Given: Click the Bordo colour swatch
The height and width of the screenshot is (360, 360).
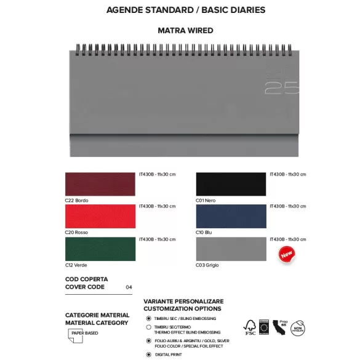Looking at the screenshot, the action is pyautogui.click(x=100, y=184).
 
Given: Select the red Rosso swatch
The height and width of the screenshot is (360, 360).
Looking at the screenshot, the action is pyautogui.click(x=100, y=216).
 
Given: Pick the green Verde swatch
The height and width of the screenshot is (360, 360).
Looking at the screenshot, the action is pyautogui.click(x=100, y=249).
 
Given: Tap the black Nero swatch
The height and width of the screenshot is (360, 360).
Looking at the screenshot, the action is pyautogui.click(x=231, y=184).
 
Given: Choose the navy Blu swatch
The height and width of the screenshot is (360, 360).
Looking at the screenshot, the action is pyautogui.click(x=231, y=216).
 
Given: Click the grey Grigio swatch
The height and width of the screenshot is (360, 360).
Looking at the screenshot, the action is pyautogui.click(x=231, y=249).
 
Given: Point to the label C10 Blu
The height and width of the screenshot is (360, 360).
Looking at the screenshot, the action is pyautogui.click(x=204, y=233).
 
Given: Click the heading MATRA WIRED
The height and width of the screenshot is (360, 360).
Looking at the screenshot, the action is pyautogui.click(x=185, y=30).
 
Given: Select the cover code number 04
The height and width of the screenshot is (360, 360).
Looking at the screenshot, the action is pyautogui.click(x=129, y=287).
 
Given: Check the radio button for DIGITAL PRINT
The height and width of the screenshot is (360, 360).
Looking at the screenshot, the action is pyautogui.click(x=148, y=354).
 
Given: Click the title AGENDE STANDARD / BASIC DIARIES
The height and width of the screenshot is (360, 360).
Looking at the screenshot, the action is pyautogui.click(x=186, y=10).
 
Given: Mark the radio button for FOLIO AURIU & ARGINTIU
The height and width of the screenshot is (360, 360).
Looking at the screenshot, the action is pyautogui.click(x=148, y=340).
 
